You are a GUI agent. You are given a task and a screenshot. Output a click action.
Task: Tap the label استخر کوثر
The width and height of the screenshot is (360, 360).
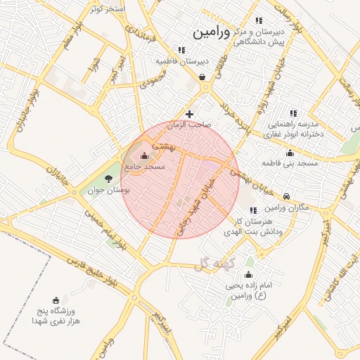pos(108,8)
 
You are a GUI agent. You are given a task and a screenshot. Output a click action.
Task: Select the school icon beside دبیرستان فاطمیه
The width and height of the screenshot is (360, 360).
pos(181,50)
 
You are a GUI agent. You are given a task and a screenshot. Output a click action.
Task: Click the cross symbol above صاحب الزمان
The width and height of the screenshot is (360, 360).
pos(188,114)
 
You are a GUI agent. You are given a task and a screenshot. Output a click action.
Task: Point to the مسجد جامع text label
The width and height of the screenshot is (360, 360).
pos(144,167)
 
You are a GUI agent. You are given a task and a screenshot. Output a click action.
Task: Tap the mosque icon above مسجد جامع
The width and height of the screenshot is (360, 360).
pos(145,155)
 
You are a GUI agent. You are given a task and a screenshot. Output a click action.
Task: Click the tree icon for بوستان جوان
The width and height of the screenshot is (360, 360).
pos(108,179)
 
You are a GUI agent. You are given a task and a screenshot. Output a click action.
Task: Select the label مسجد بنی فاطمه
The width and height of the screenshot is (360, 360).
pos(290,163)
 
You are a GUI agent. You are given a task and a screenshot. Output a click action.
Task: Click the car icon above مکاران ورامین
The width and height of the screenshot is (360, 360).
pos(287,196)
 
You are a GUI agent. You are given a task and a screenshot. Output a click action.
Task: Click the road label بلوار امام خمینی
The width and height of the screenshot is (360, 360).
pos(99,226)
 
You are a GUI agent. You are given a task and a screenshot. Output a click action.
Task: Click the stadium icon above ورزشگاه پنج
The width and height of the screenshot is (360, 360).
pos(56,300)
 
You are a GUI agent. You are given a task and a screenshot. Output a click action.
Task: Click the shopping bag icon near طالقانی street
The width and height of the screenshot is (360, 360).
pos(202,78)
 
